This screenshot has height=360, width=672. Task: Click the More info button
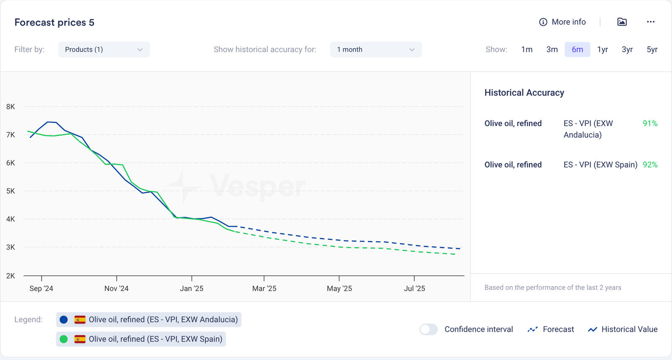562,22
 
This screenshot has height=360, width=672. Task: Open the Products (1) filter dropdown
104,50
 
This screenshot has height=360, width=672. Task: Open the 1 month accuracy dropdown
376,50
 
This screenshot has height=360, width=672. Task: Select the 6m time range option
577,50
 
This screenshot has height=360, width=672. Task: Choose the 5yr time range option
652,50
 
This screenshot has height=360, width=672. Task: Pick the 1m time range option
527,50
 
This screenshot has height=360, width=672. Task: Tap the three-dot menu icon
651,22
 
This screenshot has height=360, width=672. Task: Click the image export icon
622,22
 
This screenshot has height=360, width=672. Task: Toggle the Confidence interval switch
428,329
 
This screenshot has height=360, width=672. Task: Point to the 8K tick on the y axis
10,107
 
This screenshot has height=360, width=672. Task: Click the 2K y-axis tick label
10,276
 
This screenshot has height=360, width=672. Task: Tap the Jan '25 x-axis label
192,289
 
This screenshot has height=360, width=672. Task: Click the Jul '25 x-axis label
415,289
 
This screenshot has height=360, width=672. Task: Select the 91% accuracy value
650,124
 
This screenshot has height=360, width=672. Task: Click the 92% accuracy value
650,165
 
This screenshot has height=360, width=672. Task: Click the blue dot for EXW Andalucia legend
64,320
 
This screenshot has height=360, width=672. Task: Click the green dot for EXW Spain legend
64,339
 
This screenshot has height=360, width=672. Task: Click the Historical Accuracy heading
524,93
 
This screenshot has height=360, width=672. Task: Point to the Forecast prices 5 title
54,23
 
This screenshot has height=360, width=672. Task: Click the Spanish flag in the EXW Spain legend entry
80,339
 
